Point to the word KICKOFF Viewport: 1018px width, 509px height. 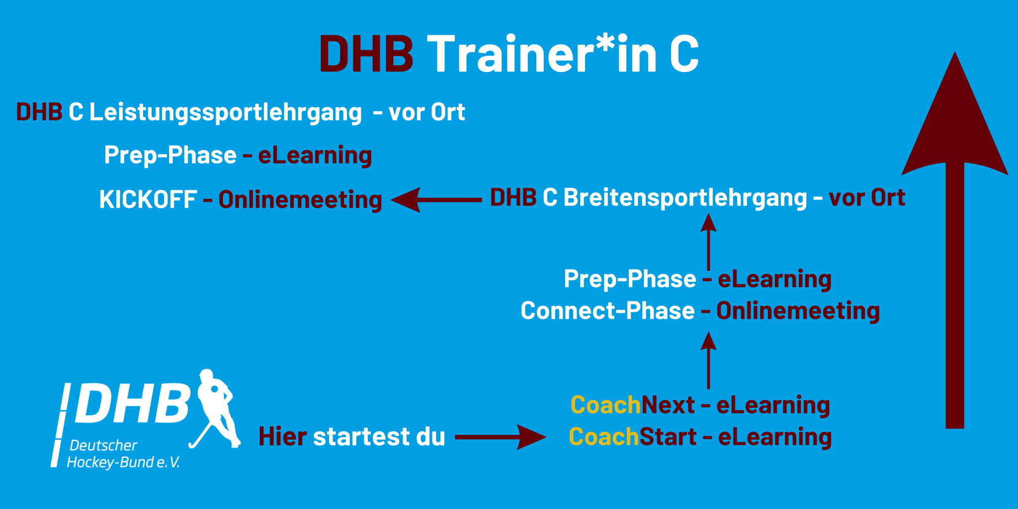(x=148, y=200)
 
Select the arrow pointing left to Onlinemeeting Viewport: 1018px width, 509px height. (x=436, y=200)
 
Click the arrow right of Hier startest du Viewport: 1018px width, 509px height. (x=501, y=437)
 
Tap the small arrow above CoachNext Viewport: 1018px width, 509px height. (x=708, y=360)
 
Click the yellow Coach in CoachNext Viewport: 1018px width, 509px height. (x=606, y=405)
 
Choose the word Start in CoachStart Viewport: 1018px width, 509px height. (x=668, y=437)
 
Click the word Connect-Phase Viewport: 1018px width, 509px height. (x=607, y=311)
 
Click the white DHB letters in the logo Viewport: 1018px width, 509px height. (x=132, y=404)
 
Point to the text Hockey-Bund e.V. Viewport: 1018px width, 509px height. (x=123, y=462)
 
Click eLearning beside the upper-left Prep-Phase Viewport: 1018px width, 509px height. (x=315, y=156)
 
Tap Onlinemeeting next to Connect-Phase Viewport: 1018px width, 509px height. (x=798, y=312)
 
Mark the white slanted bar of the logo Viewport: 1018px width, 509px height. (x=61, y=425)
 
